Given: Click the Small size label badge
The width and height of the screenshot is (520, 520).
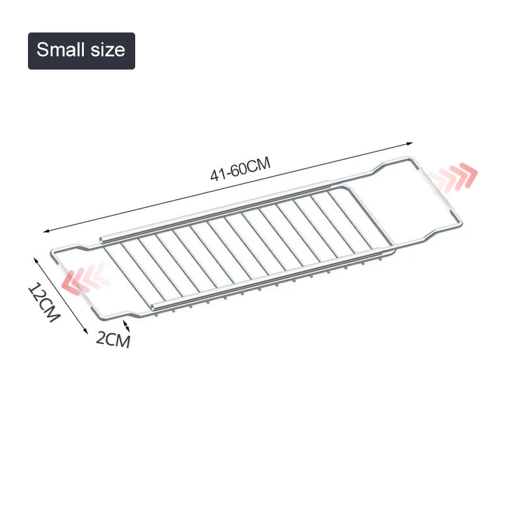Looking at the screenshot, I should point(81,51).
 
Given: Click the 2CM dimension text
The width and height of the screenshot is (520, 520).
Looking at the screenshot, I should point(113,339).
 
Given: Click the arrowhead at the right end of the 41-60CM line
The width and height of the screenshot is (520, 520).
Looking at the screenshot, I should point(411,143).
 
